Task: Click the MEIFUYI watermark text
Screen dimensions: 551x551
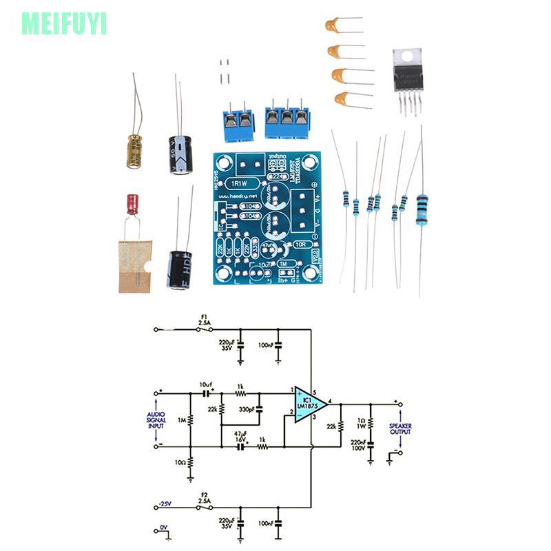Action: pyautogui.click(x=64, y=23)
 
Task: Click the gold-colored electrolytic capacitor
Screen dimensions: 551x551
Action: pyautogui.click(x=134, y=151)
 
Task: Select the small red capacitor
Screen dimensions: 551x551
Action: pyautogui.click(x=132, y=205)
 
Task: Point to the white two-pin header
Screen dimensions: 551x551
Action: pyautogui.click(x=224, y=72)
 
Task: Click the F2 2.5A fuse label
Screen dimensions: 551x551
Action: pyautogui.click(x=204, y=497)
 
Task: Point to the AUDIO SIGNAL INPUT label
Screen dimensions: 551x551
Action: pyautogui.click(x=156, y=420)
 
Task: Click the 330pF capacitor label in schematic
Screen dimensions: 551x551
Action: pyautogui.click(x=245, y=410)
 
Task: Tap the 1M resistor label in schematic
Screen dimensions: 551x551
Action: pyautogui.click(x=181, y=419)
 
